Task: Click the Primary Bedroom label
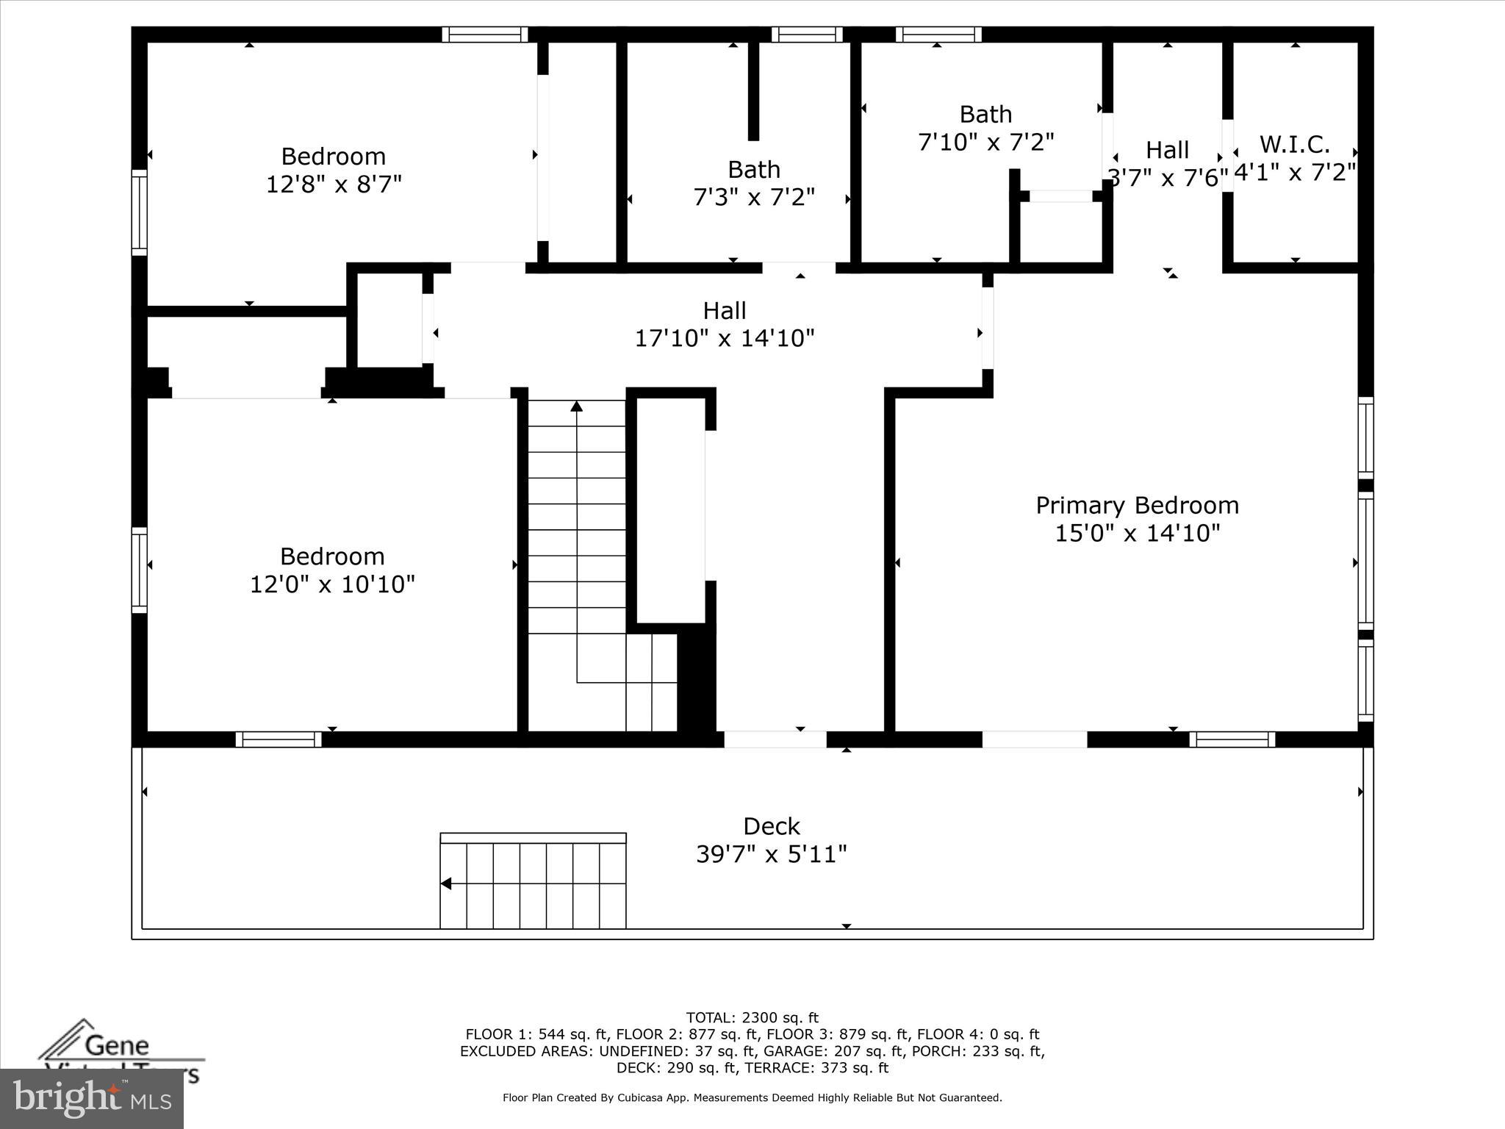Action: (x=1137, y=505)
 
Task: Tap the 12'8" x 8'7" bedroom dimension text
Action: (x=334, y=184)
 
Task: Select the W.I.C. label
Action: (x=1295, y=144)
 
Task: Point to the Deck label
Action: (x=771, y=826)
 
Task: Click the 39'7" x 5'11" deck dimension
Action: (x=771, y=854)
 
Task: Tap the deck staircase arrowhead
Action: (x=445, y=884)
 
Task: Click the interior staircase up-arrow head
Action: (x=577, y=406)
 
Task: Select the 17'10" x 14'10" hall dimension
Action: (x=725, y=338)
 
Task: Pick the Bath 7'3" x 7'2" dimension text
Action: (x=754, y=197)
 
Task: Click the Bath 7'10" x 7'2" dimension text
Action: (x=985, y=142)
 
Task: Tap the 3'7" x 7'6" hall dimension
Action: (x=1167, y=178)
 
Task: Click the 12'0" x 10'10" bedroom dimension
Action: (x=332, y=584)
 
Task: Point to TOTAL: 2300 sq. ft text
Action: (x=752, y=1018)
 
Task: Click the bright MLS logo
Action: (x=91, y=1099)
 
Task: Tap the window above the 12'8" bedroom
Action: (x=485, y=35)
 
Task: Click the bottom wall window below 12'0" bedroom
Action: (x=279, y=739)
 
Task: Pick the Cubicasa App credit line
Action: (x=752, y=1098)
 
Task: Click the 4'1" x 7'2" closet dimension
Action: (x=1295, y=172)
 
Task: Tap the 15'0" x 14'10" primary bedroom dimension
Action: (x=1137, y=533)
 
